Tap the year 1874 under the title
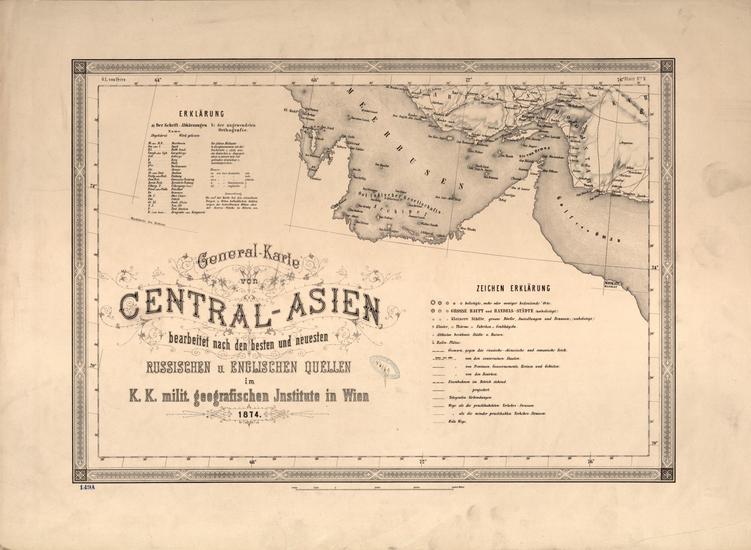(248, 414)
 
